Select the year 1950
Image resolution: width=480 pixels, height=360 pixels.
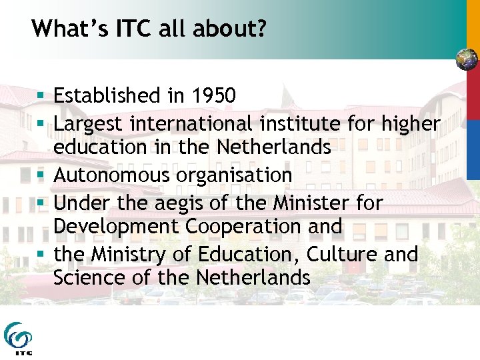pyautogui.click(x=211, y=96)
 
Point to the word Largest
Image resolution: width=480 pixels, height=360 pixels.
pyautogui.click(x=89, y=124)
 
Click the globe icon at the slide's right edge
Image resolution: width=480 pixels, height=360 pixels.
pyautogui.click(x=467, y=60)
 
